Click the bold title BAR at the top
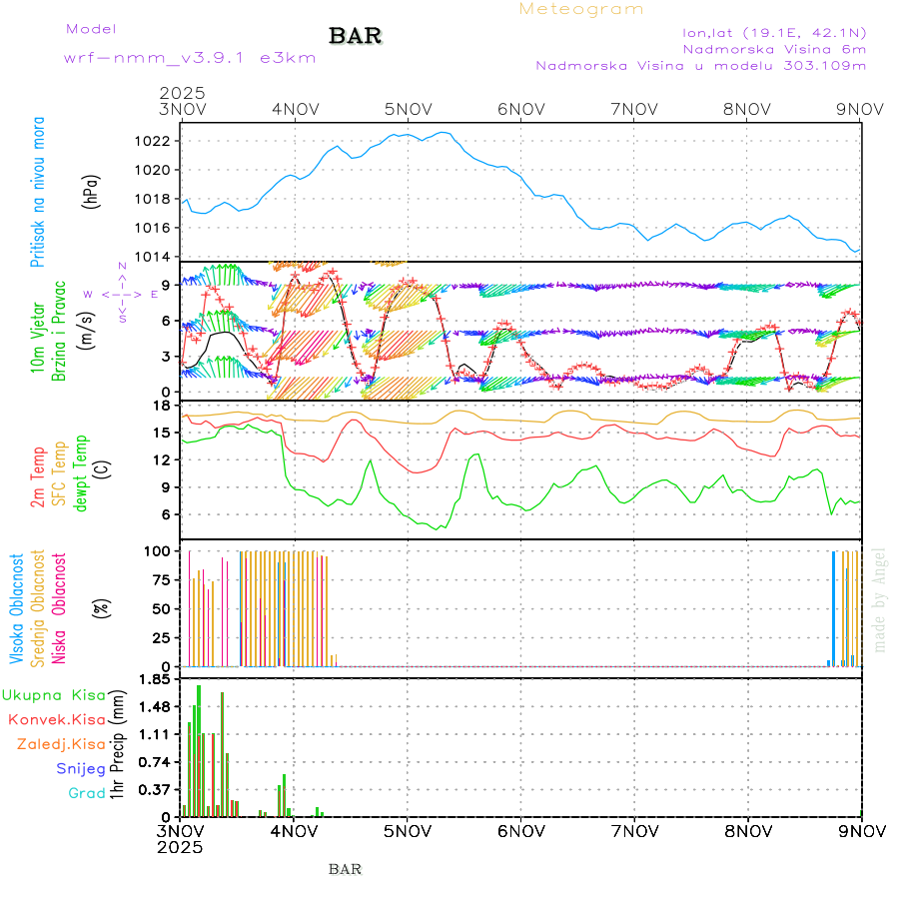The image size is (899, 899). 355,36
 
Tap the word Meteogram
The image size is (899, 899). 581,9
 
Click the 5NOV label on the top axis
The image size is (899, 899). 408,108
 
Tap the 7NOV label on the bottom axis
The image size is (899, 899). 634,830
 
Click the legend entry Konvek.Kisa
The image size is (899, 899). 56,719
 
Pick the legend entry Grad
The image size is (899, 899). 87,793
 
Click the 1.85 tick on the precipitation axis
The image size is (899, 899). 153,680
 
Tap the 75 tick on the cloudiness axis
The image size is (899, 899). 158,579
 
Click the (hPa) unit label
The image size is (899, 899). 91,191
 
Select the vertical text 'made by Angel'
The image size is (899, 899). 880,599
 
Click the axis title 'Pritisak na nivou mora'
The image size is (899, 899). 38,192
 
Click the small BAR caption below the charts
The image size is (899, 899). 345,869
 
